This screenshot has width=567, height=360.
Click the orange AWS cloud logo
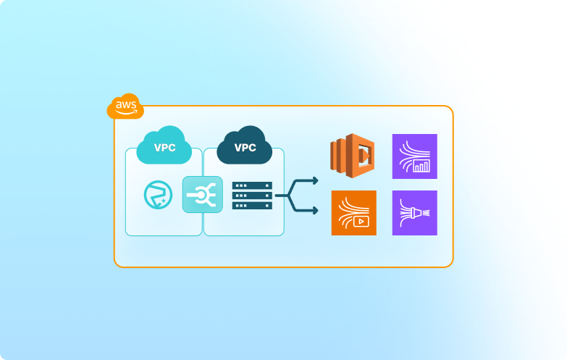(x=125, y=107)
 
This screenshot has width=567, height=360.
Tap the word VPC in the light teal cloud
(x=164, y=148)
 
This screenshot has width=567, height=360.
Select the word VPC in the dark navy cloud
(x=245, y=148)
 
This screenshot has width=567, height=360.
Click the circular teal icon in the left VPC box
(x=157, y=194)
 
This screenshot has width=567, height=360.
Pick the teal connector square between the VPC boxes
(x=202, y=194)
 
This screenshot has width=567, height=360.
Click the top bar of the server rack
(x=252, y=185)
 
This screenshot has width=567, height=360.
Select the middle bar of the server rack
(x=252, y=196)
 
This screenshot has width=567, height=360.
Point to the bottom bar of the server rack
(x=252, y=206)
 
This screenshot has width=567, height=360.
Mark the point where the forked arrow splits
(x=288, y=196)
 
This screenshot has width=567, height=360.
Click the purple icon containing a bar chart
(x=414, y=156)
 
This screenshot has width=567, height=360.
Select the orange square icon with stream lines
(x=353, y=213)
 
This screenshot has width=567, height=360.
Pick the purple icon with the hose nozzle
(x=414, y=213)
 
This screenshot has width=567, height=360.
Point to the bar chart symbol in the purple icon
(x=421, y=167)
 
